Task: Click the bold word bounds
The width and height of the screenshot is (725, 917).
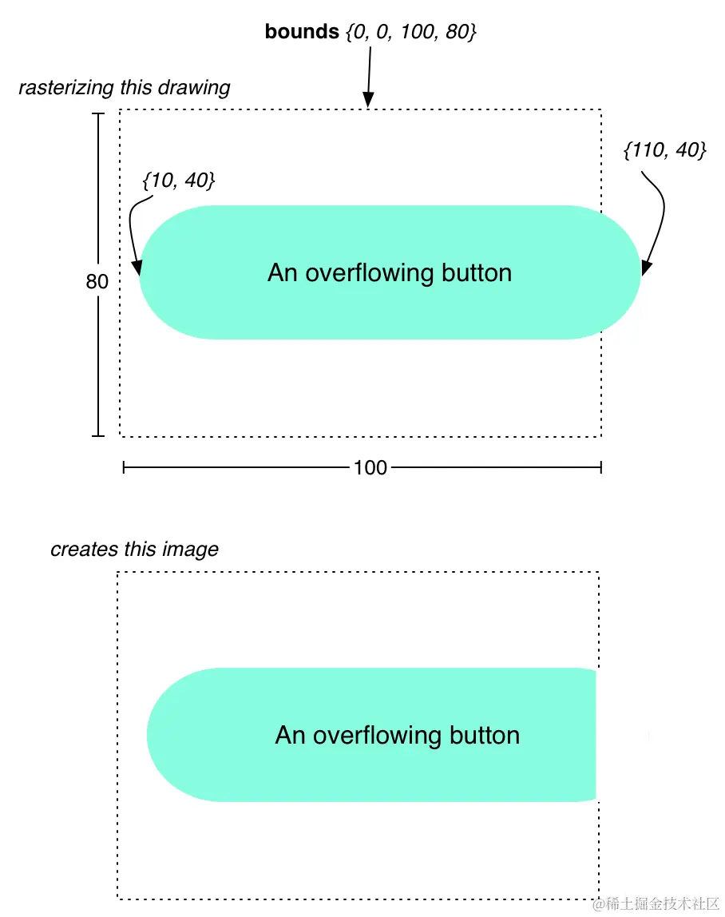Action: (302, 32)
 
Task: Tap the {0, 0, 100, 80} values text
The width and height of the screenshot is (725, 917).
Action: (411, 33)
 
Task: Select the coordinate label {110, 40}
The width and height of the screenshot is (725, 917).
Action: (664, 149)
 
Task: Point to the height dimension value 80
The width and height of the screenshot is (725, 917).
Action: (97, 282)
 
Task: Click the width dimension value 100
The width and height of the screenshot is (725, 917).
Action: (370, 467)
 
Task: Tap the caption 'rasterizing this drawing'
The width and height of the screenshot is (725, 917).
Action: (125, 87)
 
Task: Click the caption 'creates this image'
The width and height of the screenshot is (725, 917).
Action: (134, 550)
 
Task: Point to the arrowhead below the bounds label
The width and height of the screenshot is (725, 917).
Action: (367, 101)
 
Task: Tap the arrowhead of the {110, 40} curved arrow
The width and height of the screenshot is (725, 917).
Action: (646, 269)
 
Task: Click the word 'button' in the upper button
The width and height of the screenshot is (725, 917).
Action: (476, 273)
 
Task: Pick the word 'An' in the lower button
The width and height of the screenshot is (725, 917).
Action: (290, 735)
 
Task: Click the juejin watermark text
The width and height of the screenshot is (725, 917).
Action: (656, 903)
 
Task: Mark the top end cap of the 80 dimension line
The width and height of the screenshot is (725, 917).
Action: (98, 114)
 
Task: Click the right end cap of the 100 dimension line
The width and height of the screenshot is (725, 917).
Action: (600, 467)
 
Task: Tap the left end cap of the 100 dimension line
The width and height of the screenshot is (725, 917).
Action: (124, 467)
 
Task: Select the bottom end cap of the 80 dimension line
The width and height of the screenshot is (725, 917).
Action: (98, 435)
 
